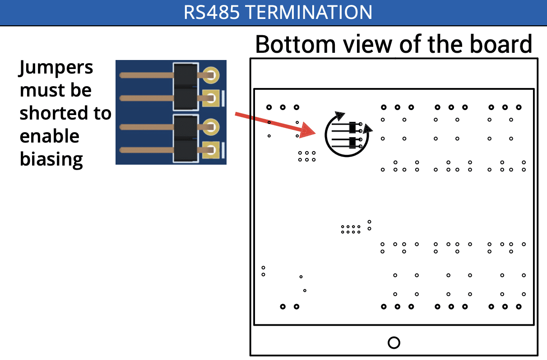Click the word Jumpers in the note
click(56, 68)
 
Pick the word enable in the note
click(49, 136)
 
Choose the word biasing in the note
click(51, 159)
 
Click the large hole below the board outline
click(394, 342)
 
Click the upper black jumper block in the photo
click(185, 86)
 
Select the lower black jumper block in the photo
click(185, 138)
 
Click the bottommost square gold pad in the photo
click(211, 150)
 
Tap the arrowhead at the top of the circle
click(338, 116)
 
